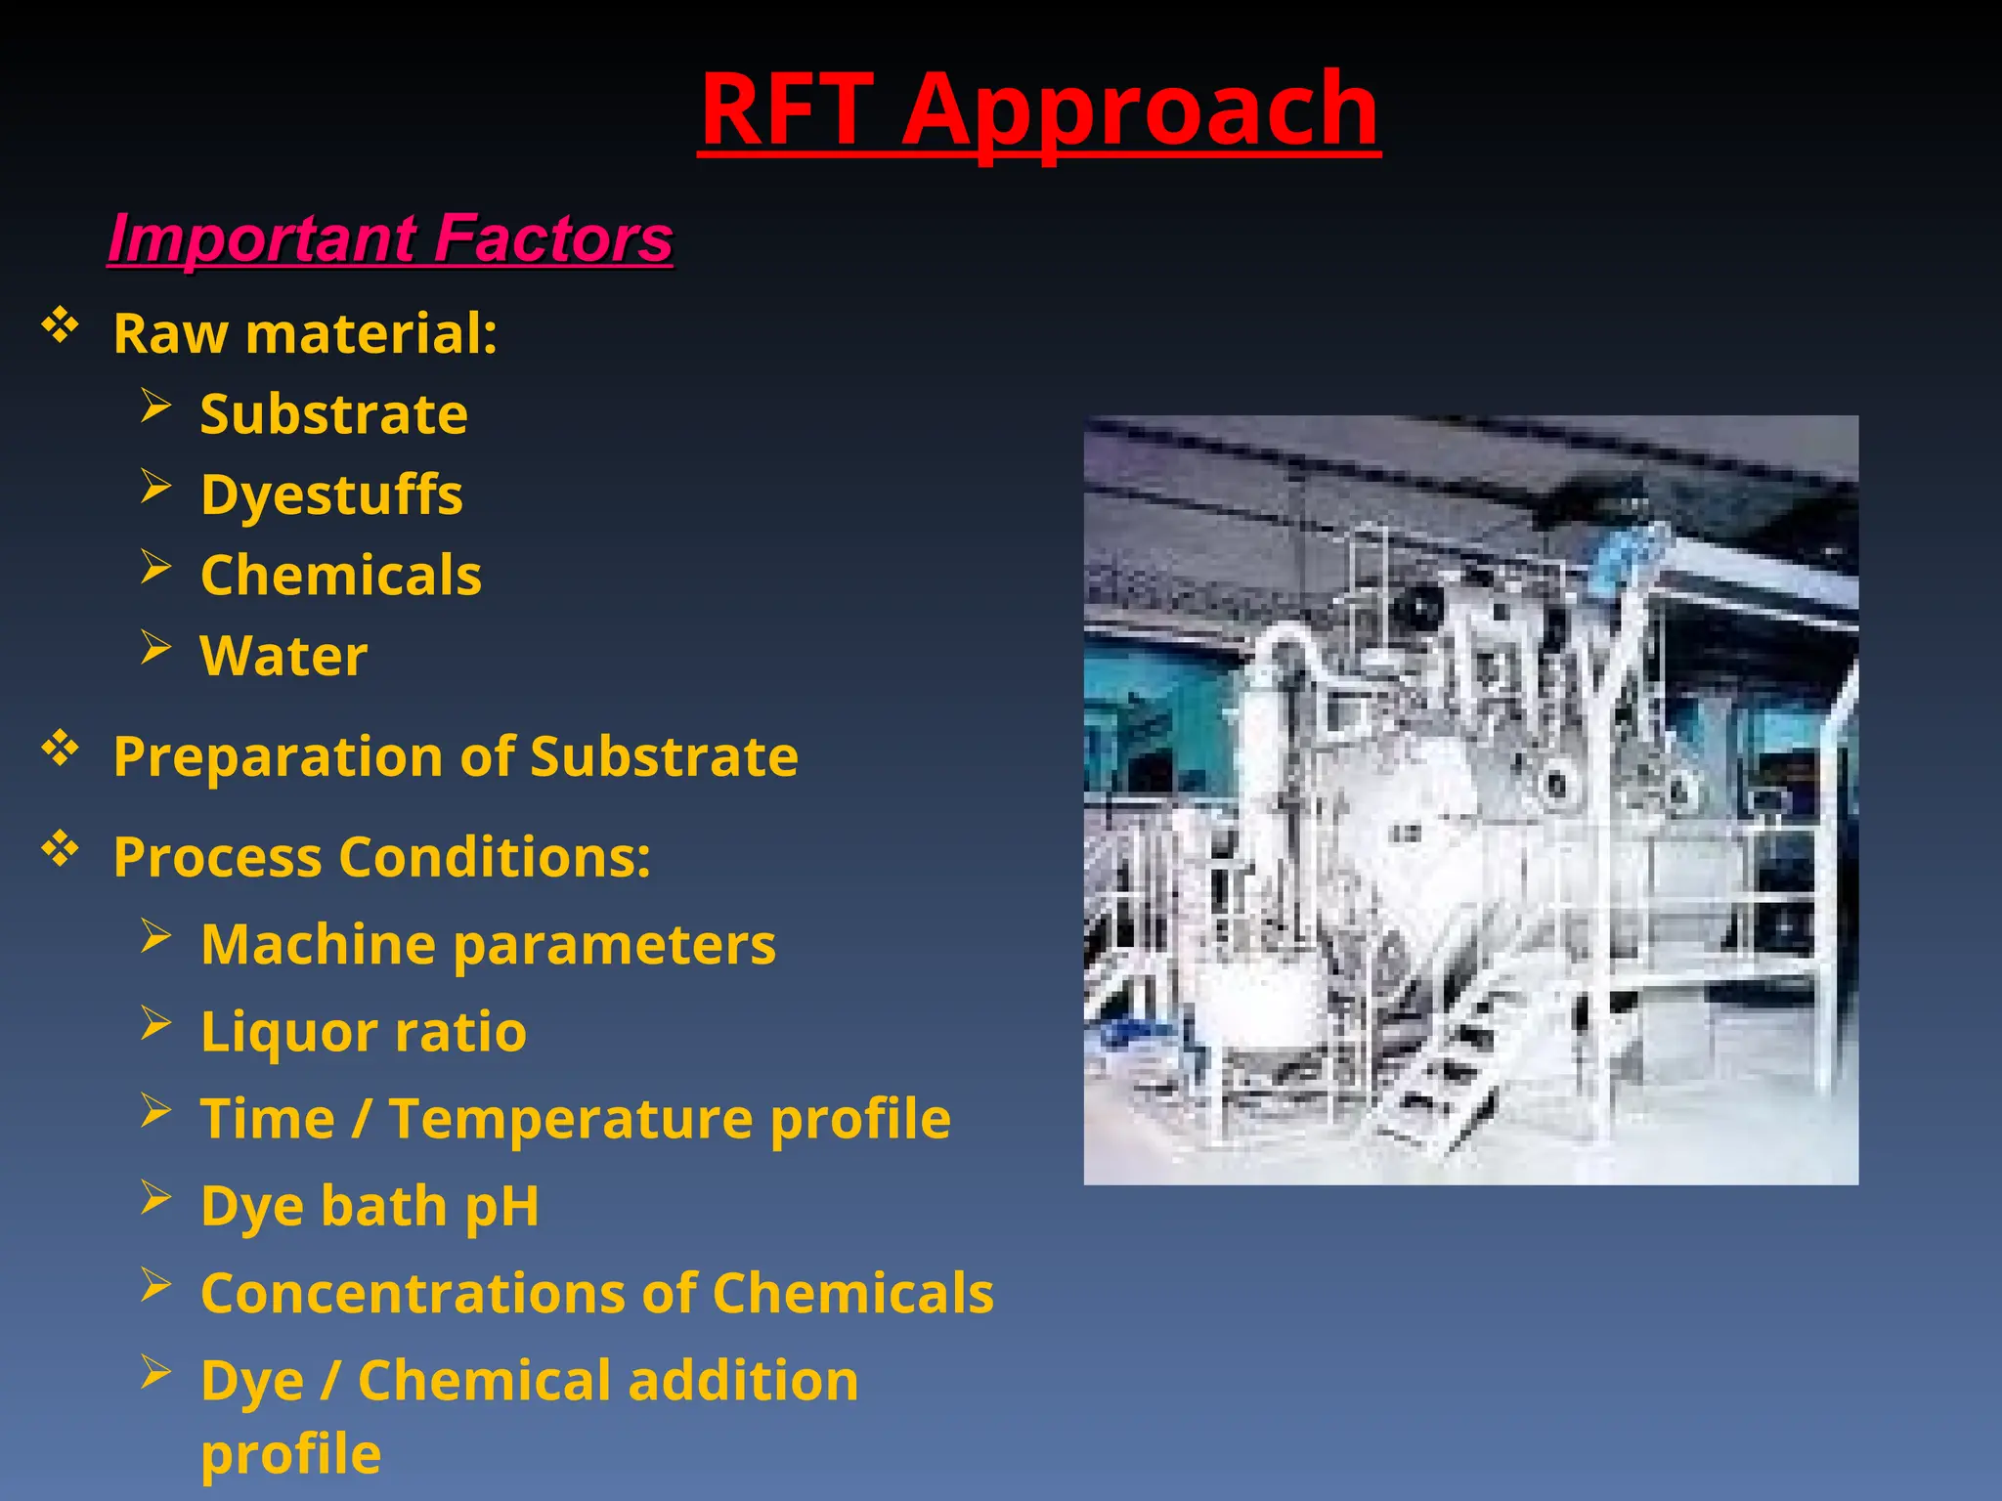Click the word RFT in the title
coord(787,109)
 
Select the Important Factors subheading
coord(390,238)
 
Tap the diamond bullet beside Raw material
coord(60,326)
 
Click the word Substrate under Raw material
coord(333,414)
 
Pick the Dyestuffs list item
coord(331,494)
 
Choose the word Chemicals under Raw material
coord(340,575)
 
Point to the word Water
coord(283,655)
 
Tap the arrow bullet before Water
coord(155,647)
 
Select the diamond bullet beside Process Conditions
coord(60,849)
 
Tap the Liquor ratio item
coord(363,1032)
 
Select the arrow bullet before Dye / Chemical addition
coord(155,1372)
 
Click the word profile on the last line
coord(290,1454)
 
